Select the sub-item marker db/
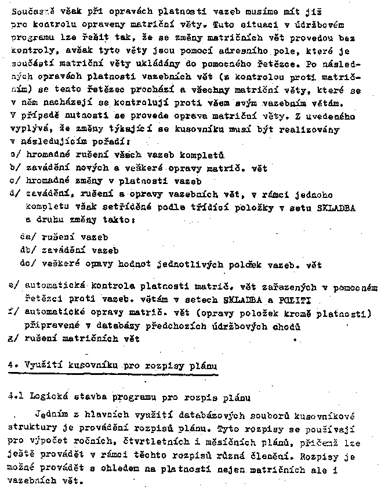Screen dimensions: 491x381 (26, 251)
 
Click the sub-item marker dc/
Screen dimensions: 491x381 (26, 265)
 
